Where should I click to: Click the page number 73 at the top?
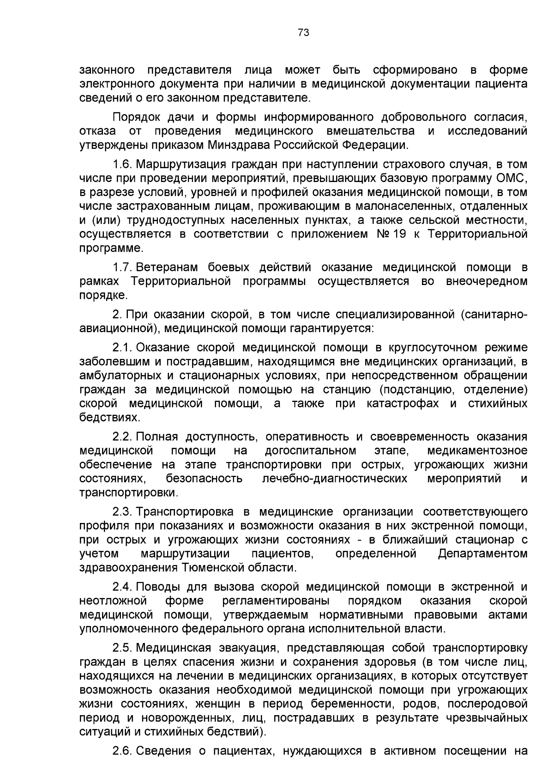click(303, 33)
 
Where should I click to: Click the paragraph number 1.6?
click(123, 164)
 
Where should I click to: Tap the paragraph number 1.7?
click(123, 267)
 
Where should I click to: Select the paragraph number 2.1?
click(123, 347)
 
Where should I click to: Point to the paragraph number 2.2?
click(123, 437)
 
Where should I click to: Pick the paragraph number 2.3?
click(123, 512)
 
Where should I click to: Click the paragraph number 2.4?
click(123, 587)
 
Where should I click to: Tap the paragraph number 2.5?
click(123, 648)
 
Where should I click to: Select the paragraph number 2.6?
click(123, 751)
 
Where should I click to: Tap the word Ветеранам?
click(167, 267)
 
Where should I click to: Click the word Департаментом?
click(482, 554)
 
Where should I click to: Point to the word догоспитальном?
click(310, 450)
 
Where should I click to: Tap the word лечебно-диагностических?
click(335, 479)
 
